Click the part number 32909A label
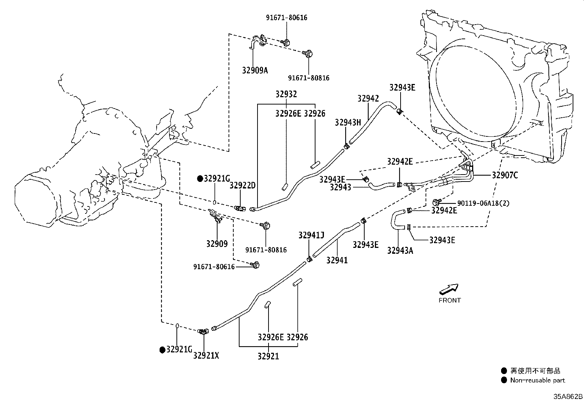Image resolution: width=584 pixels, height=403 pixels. pyautogui.click(x=255, y=70)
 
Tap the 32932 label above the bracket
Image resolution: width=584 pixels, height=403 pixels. pyautogui.click(x=286, y=94)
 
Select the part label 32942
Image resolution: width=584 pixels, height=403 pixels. pyautogui.click(x=368, y=99)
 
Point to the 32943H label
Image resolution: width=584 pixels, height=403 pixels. pyautogui.click(x=348, y=122)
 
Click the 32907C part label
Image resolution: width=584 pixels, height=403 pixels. pyautogui.click(x=505, y=175)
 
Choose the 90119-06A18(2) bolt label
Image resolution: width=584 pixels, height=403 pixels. pyautogui.click(x=483, y=203)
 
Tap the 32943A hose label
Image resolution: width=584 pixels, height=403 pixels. pyautogui.click(x=400, y=250)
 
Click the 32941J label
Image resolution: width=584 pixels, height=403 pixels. pyautogui.click(x=311, y=235)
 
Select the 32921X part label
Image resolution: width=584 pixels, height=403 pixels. pyautogui.click(x=206, y=356)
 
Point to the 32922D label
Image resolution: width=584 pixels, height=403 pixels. pyautogui.click(x=242, y=186)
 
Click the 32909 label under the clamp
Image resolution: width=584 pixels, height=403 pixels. pyautogui.click(x=217, y=244)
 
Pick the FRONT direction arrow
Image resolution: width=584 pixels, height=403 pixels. pyautogui.click(x=449, y=289)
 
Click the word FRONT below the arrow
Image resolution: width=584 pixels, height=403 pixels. pyautogui.click(x=449, y=300)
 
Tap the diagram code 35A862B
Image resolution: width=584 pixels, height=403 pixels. pyautogui.click(x=568, y=396)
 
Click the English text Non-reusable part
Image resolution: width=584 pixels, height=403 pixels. pyautogui.click(x=537, y=380)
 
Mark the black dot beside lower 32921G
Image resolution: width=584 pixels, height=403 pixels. pyautogui.click(x=162, y=350)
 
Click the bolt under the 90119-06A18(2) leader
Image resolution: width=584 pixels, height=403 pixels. pyautogui.click(x=435, y=202)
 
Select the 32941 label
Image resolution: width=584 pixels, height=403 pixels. pyautogui.click(x=337, y=260)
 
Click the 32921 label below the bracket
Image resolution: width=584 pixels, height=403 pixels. pyautogui.click(x=268, y=356)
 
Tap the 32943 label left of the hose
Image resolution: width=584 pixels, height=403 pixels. pyautogui.click(x=340, y=187)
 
